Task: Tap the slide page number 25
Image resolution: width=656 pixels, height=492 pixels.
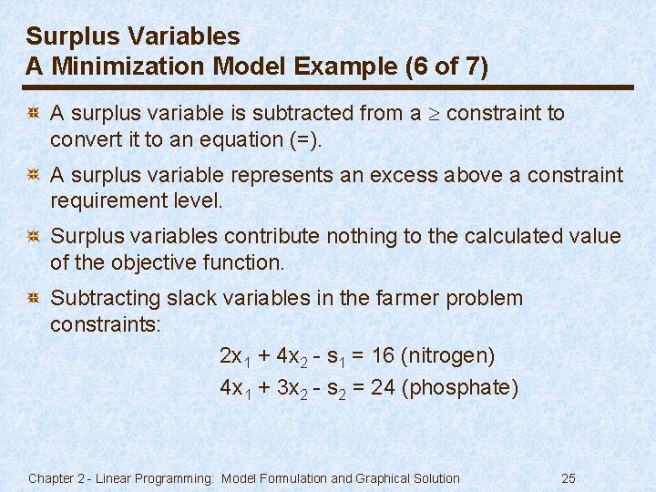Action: pos(569,478)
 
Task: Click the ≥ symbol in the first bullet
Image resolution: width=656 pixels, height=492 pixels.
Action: pos(434,114)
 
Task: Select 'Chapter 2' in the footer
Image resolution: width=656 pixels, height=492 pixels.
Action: pos(56,478)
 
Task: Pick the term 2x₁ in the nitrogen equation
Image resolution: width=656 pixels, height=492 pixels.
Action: pos(234,356)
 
